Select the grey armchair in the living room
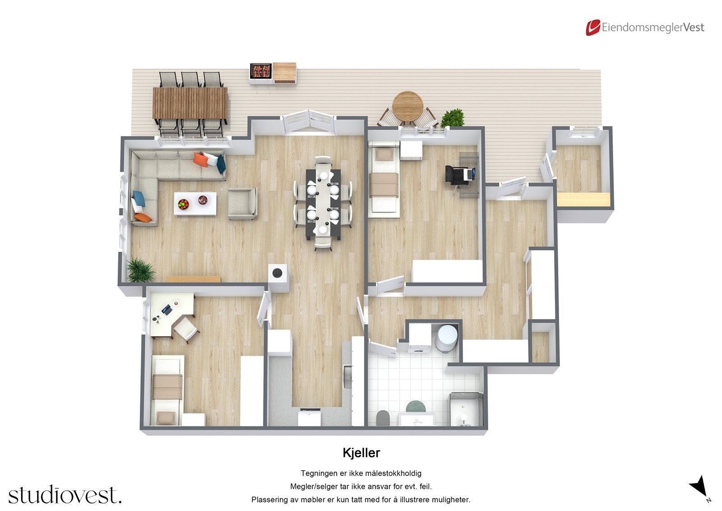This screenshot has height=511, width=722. click(x=242, y=203)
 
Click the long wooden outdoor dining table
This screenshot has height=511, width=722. click(x=190, y=103)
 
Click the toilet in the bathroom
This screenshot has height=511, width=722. click(x=382, y=418)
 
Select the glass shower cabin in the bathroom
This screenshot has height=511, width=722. click(x=465, y=409)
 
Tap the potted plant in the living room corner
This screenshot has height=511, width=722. click(x=140, y=270)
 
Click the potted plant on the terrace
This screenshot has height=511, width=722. click(x=453, y=118)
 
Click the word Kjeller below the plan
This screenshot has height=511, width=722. click(x=361, y=453)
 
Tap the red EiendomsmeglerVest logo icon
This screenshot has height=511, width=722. click(x=592, y=28)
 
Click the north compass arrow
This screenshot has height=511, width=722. click(x=699, y=485)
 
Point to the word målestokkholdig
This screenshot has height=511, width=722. click(x=393, y=473)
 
